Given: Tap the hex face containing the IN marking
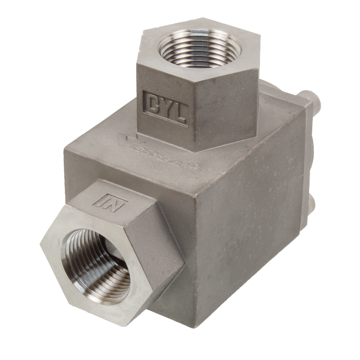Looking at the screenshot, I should tap(129, 206).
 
